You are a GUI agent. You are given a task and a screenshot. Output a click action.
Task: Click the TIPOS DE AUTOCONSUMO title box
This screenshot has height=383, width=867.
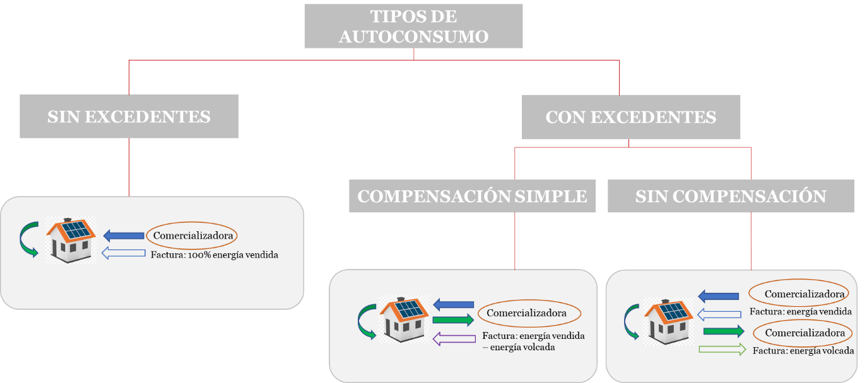413,26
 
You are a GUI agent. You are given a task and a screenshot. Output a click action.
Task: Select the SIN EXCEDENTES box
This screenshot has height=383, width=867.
129,117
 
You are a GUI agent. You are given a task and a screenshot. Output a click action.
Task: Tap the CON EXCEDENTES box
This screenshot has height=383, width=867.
630,117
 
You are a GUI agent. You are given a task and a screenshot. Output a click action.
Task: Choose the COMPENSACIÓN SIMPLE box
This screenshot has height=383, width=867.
472,196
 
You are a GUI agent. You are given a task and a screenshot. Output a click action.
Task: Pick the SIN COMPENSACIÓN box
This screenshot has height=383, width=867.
731,196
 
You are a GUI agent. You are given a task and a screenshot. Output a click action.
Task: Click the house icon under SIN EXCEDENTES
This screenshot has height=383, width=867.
71,240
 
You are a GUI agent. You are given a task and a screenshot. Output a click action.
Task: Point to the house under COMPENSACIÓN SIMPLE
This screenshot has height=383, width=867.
404,319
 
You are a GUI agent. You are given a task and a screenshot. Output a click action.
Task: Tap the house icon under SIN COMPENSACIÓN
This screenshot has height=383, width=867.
668,320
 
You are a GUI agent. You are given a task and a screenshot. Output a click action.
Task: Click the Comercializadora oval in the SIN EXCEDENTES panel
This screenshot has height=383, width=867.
192,236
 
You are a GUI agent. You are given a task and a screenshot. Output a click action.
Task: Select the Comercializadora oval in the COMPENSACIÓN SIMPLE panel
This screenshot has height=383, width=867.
529,312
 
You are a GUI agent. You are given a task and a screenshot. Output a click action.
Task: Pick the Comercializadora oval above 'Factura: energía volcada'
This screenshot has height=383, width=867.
799,333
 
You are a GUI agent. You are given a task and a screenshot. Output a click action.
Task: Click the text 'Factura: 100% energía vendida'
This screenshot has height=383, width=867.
215,255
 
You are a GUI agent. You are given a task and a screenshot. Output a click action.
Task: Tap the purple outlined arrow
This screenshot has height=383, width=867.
454,339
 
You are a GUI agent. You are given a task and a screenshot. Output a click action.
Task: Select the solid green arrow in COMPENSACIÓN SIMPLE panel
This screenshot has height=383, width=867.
453,319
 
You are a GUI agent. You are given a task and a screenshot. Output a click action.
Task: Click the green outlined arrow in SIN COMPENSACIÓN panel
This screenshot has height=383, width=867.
723,349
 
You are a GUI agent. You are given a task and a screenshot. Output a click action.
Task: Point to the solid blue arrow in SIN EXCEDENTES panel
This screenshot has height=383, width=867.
124,236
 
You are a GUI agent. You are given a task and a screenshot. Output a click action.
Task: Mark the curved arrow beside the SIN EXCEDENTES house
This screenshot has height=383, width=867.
28,240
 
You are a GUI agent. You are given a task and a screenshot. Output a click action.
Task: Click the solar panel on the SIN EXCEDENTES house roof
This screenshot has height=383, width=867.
74,229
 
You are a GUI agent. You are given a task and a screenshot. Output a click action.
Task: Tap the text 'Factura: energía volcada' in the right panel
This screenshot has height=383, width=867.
803,351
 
